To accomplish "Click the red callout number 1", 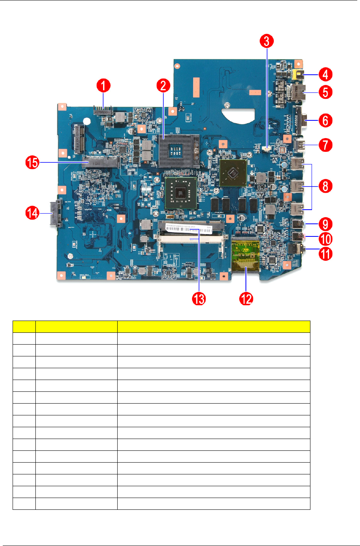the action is coord(103,85).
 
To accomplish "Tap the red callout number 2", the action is coord(163,85).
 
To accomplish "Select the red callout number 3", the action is coord(267,41).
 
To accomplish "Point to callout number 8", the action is coord(325,186).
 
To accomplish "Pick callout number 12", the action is coord(246,299).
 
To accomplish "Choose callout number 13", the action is coord(199,299).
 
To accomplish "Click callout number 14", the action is coord(33,213).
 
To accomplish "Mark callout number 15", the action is coord(33,162).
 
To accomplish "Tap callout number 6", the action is coord(325,120).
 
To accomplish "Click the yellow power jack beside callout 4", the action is coord(299,74).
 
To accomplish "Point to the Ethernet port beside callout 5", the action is coord(301,92).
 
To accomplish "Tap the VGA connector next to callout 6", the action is coord(303,120).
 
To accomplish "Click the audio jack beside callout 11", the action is coord(296,249).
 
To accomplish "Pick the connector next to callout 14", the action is coord(55,214).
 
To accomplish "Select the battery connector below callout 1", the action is coord(103,111).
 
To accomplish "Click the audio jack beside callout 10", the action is coord(298,237).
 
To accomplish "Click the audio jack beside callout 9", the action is coord(298,224).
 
